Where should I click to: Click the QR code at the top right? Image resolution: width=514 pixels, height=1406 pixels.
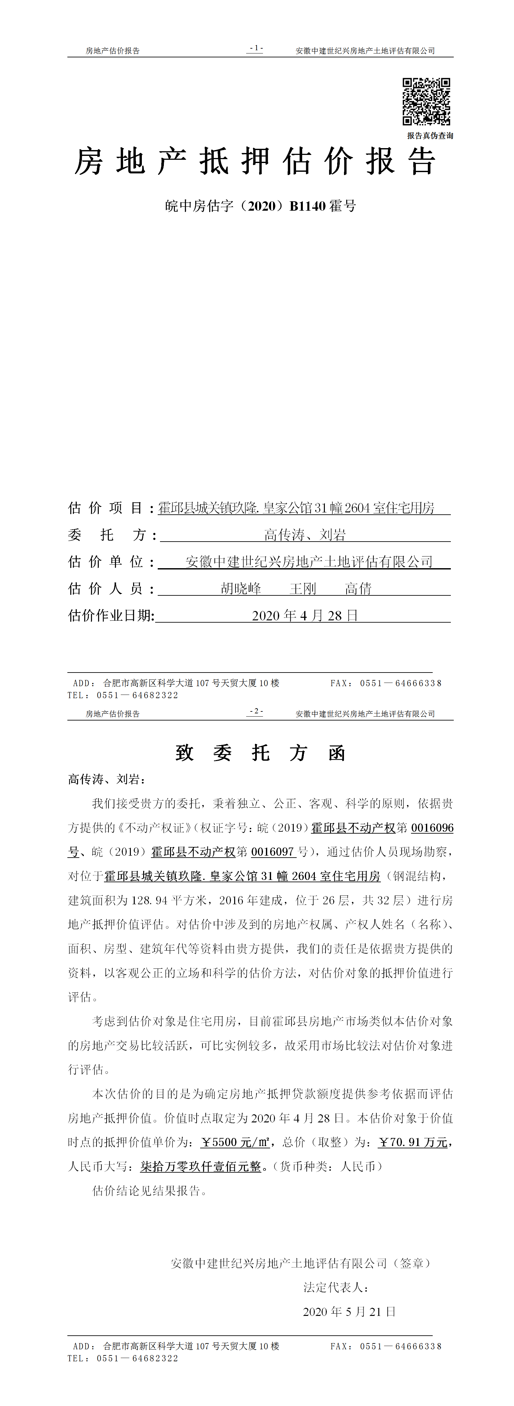point(426,101)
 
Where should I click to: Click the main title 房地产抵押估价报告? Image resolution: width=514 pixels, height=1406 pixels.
point(255,161)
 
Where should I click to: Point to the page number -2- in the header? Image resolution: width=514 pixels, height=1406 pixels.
point(255,712)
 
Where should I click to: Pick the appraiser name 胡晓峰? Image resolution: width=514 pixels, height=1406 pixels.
point(241,588)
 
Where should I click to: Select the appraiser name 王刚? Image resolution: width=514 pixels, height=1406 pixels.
point(303,588)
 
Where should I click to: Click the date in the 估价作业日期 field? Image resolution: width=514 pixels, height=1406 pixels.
point(304,616)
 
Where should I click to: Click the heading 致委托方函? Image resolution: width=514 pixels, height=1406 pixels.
point(260,753)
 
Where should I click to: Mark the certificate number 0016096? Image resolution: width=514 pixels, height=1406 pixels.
point(432,828)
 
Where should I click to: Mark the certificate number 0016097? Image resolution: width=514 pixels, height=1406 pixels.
point(272,852)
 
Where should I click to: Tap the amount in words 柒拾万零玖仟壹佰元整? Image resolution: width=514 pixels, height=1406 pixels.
point(201,1166)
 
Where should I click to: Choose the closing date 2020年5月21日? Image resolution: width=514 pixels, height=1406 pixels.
point(349,1312)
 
